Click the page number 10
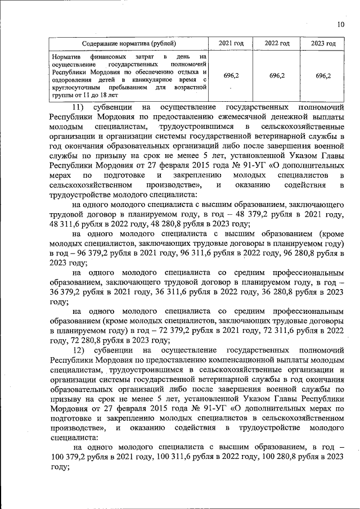[x=340, y=24]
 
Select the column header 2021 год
[x=231, y=43]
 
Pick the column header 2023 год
[x=323, y=43]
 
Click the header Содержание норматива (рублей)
[x=128, y=43]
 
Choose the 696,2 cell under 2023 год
[x=323, y=75]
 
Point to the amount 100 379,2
[x=70, y=456]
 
